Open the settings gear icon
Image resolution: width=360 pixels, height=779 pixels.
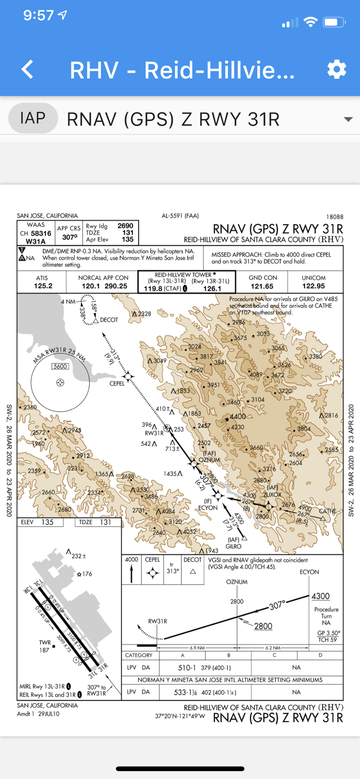click(x=337, y=70)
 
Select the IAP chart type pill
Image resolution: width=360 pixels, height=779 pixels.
click(x=33, y=118)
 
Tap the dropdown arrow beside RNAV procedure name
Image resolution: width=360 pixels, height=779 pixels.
click(x=348, y=119)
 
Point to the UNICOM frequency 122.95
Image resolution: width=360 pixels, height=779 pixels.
click(x=313, y=286)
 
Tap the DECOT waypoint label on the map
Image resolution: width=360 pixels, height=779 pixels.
click(x=109, y=320)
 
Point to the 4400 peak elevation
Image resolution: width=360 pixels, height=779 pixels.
click(x=237, y=417)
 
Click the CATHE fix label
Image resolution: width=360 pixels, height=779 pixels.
click(x=327, y=511)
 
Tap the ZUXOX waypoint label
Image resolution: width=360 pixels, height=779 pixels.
click(x=272, y=494)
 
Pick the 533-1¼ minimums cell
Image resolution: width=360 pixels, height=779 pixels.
click(x=186, y=692)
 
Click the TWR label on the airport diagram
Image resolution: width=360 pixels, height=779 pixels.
click(x=45, y=642)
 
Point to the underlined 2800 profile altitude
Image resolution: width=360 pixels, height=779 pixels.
click(x=263, y=626)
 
